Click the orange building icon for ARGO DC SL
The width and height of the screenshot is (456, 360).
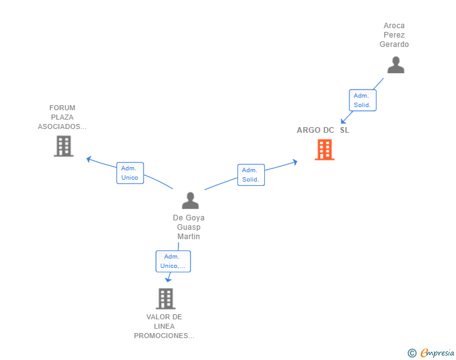click(x=324, y=150)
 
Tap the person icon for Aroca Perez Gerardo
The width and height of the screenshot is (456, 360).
click(x=396, y=65)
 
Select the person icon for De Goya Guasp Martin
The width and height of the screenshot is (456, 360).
click(x=190, y=200)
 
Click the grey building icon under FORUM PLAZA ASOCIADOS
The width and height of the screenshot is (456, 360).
click(x=64, y=146)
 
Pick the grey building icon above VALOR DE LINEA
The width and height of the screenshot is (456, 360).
click(x=165, y=299)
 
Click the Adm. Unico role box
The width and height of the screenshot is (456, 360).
click(x=130, y=173)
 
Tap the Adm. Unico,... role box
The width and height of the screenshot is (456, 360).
click(x=173, y=262)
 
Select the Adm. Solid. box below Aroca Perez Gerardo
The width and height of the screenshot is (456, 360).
click(x=362, y=100)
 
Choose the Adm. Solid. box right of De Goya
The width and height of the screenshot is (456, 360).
click(x=251, y=175)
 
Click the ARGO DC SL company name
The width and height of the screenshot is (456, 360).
click(x=323, y=130)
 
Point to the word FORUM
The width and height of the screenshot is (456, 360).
click(x=62, y=108)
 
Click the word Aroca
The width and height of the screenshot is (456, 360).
click(x=394, y=26)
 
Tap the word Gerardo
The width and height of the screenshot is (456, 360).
click(x=394, y=44)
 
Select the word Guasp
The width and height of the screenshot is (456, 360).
click(x=189, y=227)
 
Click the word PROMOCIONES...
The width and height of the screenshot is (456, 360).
click(x=164, y=336)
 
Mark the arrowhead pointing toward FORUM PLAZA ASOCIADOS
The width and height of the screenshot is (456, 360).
click(x=89, y=159)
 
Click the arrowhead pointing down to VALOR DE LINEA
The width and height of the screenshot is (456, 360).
click(x=168, y=280)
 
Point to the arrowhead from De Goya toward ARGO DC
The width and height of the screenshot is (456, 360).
click(x=295, y=162)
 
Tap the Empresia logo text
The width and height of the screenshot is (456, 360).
click(x=437, y=352)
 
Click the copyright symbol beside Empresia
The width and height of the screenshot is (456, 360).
click(x=412, y=353)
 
